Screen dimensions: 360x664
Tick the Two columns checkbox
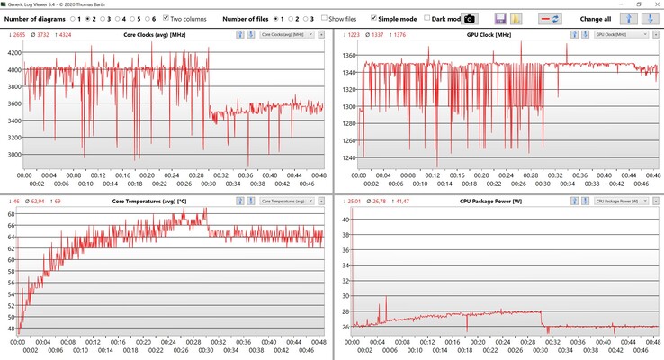click(x=167, y=18)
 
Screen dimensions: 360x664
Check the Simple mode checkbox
click(x=374, y=18)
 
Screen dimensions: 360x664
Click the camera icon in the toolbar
click(x=469, y=18)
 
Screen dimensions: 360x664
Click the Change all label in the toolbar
click(x=595, y=18)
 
